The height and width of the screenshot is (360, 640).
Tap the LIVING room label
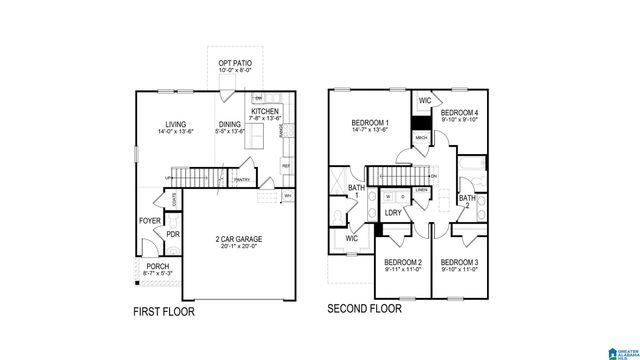pos(176,124)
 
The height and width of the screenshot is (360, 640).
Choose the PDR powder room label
pos(173,235)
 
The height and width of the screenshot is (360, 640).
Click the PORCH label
pos(157,266)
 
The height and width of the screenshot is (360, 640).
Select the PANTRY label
pos(241,180)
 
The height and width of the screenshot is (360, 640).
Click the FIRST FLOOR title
pos(164,312)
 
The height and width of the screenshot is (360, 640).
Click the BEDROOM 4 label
pos(462,112)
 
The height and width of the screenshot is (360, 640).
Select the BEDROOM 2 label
pos(404,262)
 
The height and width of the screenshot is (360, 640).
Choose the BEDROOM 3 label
pos(460,262)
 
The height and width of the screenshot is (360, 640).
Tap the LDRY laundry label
pos(393,213)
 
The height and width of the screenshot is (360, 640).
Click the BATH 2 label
pos(467,202)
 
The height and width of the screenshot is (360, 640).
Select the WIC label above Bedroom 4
pos(425,101)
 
